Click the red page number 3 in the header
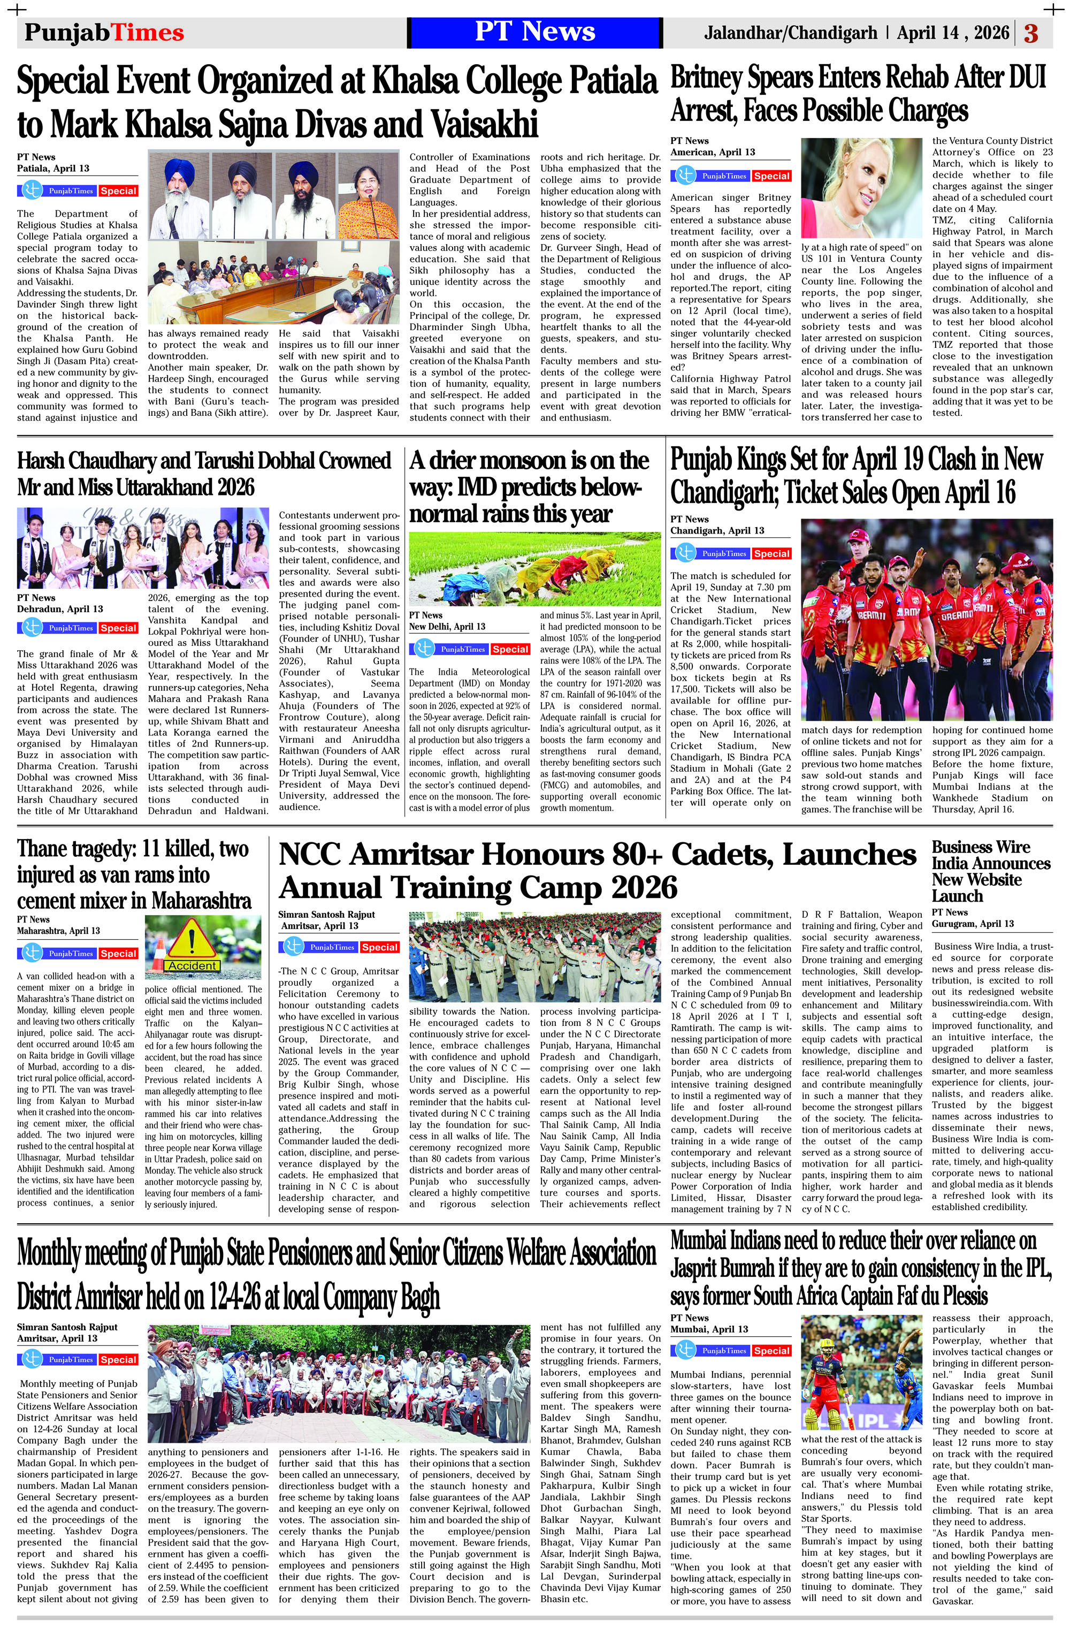click(1031, 33)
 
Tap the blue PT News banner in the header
click(534, 32)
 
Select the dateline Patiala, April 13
click(53, 169)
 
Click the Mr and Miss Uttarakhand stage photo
click(142, 548)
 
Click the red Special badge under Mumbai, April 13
click(771, 1351)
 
